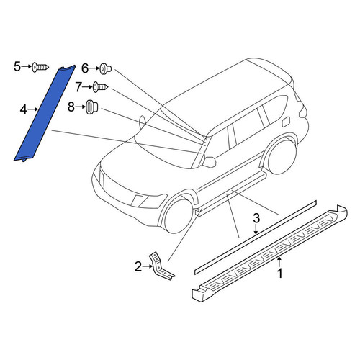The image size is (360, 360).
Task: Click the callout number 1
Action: (x=279, y=274)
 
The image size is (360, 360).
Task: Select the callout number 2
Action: (x=138, y=266)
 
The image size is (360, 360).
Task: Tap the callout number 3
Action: (x=256, y=218)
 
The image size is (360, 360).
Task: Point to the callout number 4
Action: (x=24, y=109)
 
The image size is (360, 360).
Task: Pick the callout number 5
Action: (x=17, y=66)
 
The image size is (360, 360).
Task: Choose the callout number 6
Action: (x=85, y=68)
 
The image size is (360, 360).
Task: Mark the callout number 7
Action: (x=78, y=87)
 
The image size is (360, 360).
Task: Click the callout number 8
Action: (x=71, y=107)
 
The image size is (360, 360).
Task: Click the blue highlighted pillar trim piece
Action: (x=44, y=114)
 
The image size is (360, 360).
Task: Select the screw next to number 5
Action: (x=40, y=67)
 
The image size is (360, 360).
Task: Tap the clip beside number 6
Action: (x=105, y=69)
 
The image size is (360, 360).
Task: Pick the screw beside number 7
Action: (x=101, y=87)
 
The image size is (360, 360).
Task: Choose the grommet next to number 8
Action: (x=91, y=107)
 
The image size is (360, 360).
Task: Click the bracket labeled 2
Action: (x=160, y=267)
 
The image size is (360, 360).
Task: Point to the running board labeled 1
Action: (x=270, y=254)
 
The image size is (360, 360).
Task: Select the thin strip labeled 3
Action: (x=256, y=237)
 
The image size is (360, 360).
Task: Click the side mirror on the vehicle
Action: (x=210, y=161)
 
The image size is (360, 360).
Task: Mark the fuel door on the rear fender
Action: (x=286, y=122)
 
